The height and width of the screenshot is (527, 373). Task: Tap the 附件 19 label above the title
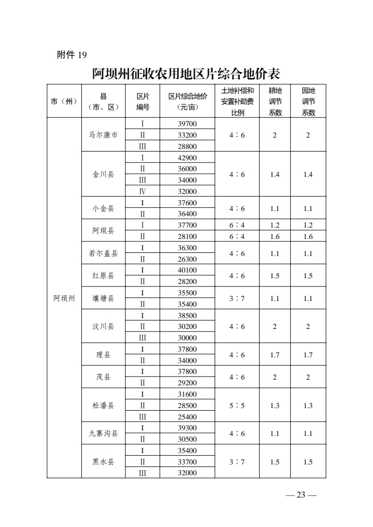(71, 55)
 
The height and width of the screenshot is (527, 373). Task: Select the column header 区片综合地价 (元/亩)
(188, 102)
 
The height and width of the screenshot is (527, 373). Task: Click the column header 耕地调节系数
(275, 102)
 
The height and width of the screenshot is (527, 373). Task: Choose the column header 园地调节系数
(308, 102)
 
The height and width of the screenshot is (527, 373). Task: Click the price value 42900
(187, 158)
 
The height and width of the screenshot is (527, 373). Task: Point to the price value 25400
(187, 417)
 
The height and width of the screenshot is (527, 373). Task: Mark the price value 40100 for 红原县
(187, 270)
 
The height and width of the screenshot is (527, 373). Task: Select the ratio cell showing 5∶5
(237, 405)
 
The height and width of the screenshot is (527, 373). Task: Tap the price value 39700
(187, 124)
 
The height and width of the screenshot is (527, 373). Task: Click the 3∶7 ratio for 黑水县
(237, 462)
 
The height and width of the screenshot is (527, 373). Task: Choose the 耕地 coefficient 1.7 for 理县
(275, 355)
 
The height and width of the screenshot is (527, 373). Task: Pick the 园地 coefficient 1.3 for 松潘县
(308, 405)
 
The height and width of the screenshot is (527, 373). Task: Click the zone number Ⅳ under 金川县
(142, 191)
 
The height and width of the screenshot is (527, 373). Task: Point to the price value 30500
(187, 439)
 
